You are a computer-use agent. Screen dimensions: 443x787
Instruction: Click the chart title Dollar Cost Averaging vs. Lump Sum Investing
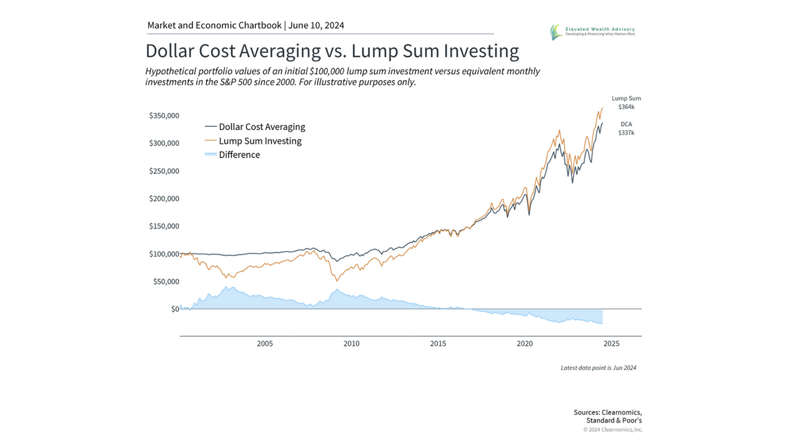(x=332, y=51)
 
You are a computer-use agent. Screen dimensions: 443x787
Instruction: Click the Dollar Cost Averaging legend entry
(x=262, y=127)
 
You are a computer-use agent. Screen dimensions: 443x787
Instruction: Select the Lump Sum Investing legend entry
(x=260, y=141)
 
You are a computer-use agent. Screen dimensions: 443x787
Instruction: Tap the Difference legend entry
(x=239, y=155)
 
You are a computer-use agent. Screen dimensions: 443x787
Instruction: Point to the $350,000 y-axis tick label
(x=164, y=116)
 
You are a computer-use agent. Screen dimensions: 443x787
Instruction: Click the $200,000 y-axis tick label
(x=164, y=199)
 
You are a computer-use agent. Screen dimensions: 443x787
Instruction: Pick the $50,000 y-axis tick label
(x=166, y=282)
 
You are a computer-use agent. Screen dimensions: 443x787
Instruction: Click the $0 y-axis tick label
(x=174, y=309)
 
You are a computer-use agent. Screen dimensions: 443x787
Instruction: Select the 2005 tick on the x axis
(x=265, y=343)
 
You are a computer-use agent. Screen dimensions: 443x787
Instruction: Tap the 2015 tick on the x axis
(x=438, y=343)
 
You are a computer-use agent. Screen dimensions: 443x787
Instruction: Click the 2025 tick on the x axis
(x=611, y=343)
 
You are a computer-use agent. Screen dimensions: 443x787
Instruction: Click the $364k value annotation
(x=626, y=106)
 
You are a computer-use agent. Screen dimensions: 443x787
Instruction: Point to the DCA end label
(x=626, y=124)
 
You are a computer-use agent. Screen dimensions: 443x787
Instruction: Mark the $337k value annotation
(x=626, y=133)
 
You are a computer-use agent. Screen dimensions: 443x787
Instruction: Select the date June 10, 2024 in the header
(x=317, y=26)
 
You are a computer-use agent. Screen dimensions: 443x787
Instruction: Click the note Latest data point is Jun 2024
(x=598, y=368)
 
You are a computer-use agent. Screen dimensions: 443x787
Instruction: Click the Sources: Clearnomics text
(x=607, y=412)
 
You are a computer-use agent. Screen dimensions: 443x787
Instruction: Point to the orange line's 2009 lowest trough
(x=337, y=281)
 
